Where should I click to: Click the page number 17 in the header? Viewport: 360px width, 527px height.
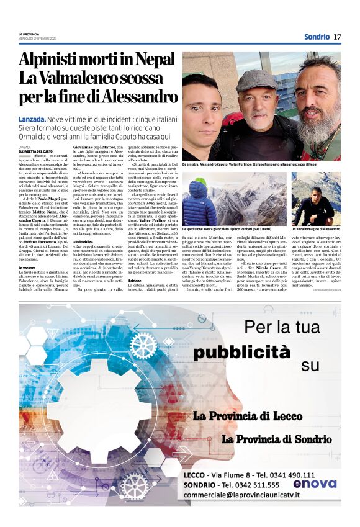(337, 37)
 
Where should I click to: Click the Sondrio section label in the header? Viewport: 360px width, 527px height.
(317, 37)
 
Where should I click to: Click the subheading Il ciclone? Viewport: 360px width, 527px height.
(135, 281)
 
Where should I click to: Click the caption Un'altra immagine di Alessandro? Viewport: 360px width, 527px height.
(315, 229)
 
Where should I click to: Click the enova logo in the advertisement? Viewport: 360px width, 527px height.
(315, 483)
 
